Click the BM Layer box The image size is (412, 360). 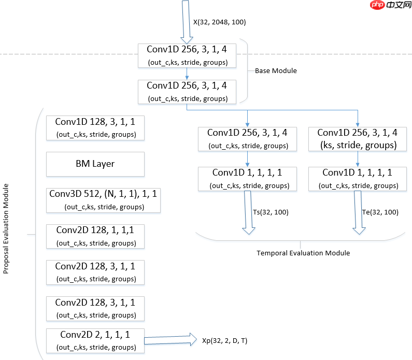click(x=95, y=164)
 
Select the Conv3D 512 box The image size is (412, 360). click(x=95, y=200)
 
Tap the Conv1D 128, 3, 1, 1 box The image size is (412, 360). click(x=95, y=127)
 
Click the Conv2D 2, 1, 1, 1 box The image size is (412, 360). click(x=95, y=340)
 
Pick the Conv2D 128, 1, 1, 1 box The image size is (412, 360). click(x=95, y=236)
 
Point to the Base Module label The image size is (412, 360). click(x=276, y=70)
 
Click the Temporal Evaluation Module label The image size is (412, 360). click(x=303, y=253)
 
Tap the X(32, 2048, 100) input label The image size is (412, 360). click(x=219, y=22)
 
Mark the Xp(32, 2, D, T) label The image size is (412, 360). click(x=224, y=340)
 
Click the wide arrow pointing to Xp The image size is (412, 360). click(x=168, y=340)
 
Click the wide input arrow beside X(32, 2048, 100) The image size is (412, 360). click(x=186, y=21)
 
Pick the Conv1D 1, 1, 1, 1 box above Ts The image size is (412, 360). click(x=247, y=179)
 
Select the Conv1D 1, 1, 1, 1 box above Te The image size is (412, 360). click(x=357, y=179)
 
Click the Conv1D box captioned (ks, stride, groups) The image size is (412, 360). click(x=357, y=138)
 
